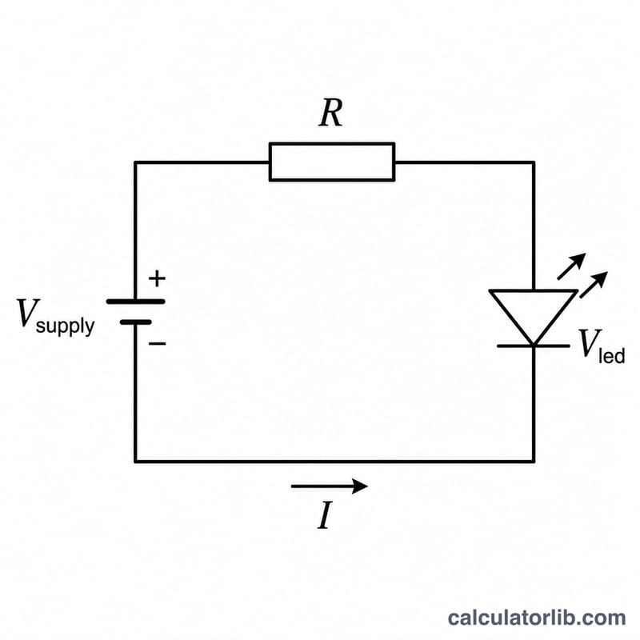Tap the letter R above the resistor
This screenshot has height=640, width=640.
click(x=330, y=113)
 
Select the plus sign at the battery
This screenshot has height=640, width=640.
click(x=157, y=278)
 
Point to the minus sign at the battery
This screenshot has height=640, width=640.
click(x=157, y=343)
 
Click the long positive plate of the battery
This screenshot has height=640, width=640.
click(x=135, y=302)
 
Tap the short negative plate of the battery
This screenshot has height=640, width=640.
click(x=135, y=322)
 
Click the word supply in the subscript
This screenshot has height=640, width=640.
click(x=66, y=327)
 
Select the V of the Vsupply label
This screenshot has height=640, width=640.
click(x=28, y=313)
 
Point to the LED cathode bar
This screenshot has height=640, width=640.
click(x=534, y=346)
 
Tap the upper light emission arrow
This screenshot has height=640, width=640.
click(x=571, y=266)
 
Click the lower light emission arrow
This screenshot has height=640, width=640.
click(x=594, y=285)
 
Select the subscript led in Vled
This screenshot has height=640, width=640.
click(x=611, y=355)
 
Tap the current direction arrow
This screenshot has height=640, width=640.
click(x=330, y=486)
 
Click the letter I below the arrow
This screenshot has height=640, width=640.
click(x=325, y=515)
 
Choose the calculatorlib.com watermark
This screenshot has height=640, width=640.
click(x=537, y=618)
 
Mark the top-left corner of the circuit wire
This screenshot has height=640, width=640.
click(x=135, y=162)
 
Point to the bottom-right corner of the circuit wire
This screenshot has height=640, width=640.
click(x=534, y=462)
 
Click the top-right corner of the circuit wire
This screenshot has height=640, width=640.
click(x=534, y=162)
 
